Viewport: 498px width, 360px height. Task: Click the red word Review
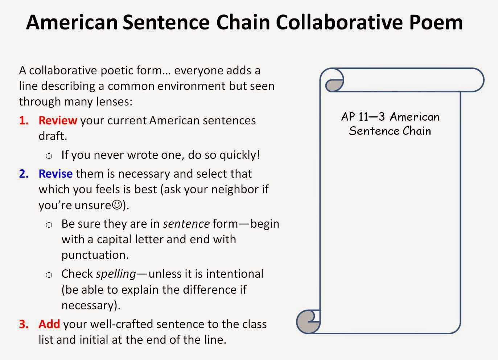point(58,120)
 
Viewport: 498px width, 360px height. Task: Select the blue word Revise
point(55,174)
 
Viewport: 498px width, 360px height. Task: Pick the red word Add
point(49,324)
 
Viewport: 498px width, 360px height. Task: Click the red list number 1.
point(24,120)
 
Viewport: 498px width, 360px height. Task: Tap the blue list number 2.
point(24,174)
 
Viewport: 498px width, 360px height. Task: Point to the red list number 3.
point(24,324)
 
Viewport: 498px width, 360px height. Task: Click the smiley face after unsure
point(117,205)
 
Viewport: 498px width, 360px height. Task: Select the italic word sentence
point(186,224)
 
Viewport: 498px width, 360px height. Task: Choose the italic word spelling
point(116,274)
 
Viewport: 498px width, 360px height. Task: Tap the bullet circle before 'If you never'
point(49,156)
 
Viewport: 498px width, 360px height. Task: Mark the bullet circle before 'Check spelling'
point(49,275)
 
